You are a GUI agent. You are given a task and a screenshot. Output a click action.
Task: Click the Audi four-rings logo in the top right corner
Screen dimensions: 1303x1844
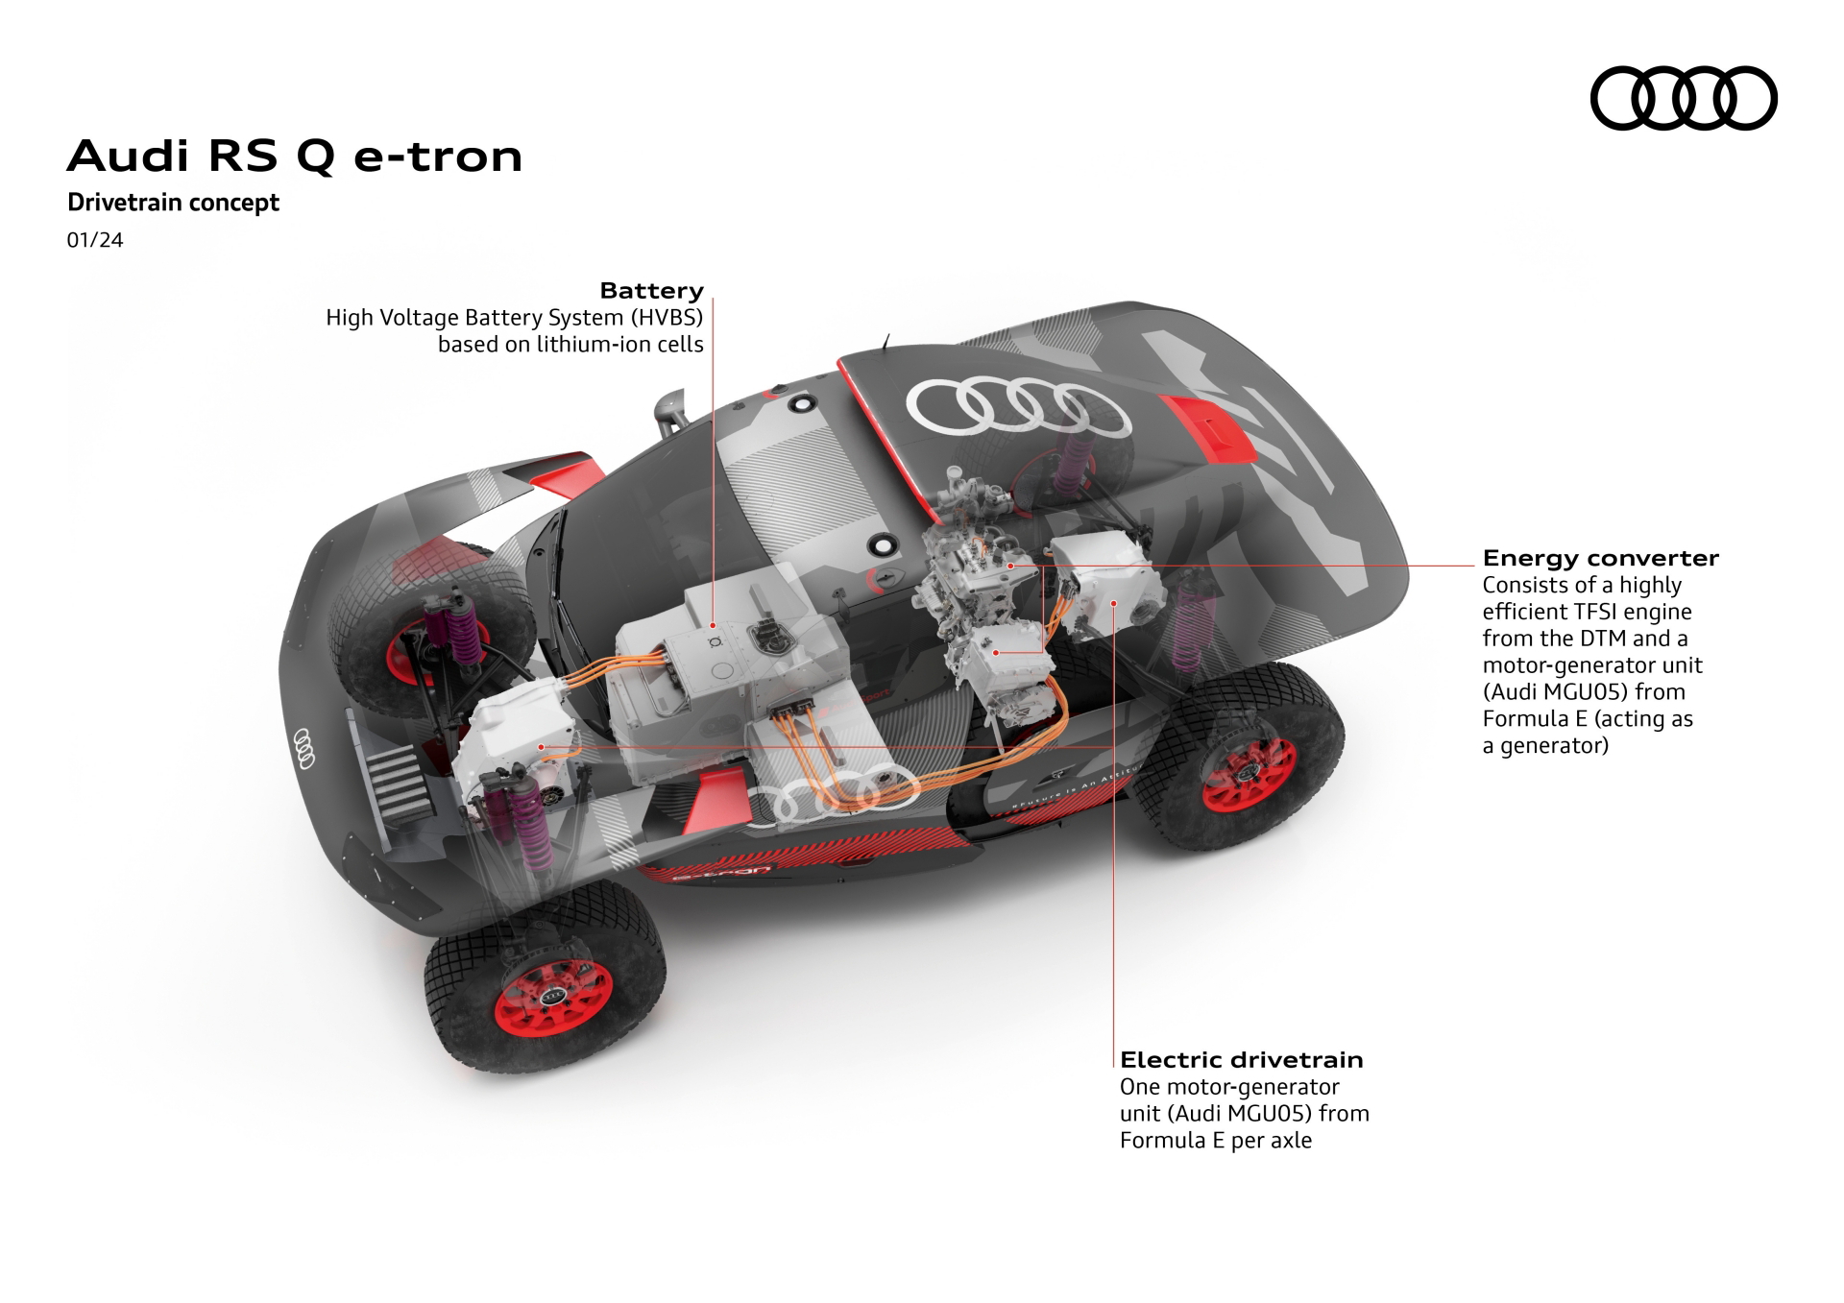click(1683, 98)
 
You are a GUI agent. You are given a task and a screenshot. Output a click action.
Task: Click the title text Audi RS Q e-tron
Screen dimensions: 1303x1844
click(294, 157)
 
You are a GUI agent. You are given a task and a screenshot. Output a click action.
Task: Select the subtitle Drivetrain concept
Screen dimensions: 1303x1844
click(173, 203)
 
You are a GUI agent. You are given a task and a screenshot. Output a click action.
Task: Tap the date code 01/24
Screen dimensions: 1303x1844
click(95, 240)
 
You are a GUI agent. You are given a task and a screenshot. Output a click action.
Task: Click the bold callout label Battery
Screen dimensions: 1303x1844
click(651, 291)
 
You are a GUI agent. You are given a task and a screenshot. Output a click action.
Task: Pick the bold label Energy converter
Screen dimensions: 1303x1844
click(1600, 558)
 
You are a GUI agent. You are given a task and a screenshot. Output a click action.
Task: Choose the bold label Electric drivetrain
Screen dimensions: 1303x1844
click(1241, 1060)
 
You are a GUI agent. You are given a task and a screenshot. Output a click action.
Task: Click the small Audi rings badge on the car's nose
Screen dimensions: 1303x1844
click(303, 748)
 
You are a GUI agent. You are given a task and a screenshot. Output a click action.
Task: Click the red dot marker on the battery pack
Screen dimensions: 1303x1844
click(715, 624)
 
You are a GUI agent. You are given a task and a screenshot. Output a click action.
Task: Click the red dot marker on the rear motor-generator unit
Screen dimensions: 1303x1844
click(1114, 603)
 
